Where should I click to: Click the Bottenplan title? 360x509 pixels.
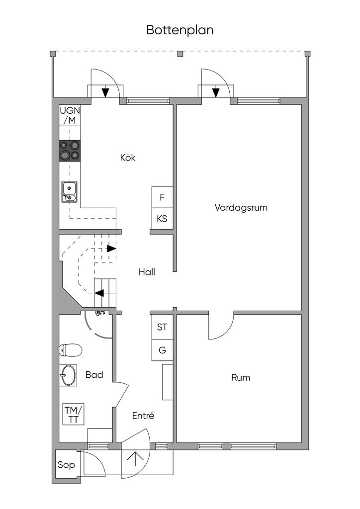point(180,30)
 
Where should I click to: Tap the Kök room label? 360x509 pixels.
point(128,158)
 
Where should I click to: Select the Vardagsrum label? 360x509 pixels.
point(241,208)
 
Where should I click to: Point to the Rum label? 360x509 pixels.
point(241,378)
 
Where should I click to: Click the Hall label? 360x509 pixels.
point(147,272)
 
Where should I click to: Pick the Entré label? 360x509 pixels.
point(143,416)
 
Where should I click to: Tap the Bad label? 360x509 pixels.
point(94,375)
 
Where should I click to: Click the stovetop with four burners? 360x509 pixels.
point(70,151)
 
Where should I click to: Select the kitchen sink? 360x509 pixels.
point(70,192)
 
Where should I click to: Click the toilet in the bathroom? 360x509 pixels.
point(70,350)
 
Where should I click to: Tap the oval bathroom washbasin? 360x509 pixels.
point(68,375)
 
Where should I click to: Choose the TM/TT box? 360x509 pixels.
point(74,414)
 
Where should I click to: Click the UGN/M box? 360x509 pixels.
point(70,115)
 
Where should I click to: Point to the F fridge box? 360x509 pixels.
point(162,197)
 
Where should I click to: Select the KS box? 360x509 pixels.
point(162,219)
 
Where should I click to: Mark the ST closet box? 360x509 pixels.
point(162,327)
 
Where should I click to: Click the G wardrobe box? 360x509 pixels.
point(162,350)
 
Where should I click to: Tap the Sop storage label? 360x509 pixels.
point(66,465)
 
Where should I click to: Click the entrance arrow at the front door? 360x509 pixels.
point(135,459)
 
